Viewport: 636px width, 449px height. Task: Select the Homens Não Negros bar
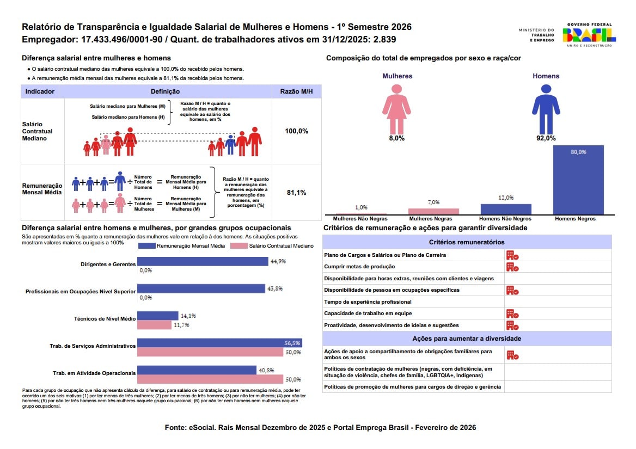coord(506,210)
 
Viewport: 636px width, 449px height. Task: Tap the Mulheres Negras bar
coord(433,211)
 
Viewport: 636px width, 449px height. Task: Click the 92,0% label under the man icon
coord(546,138)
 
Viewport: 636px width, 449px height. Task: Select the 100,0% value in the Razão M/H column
coord(297,131)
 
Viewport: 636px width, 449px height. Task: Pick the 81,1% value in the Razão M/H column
coord(297,192)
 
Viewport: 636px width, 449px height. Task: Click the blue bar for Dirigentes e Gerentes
coord(203,261)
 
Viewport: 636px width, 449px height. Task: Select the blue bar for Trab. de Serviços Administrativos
coord(219,343)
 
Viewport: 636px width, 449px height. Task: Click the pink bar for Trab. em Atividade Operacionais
coord(210,379)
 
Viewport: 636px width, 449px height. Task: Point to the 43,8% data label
coord(275,288)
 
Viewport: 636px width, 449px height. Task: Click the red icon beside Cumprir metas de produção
coord(512,267)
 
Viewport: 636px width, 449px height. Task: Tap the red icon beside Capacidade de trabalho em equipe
coord(512,313)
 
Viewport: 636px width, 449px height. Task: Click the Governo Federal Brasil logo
coord(589,35)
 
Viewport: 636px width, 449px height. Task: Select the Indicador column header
coord(40,91)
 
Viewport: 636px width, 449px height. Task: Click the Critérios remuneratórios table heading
coord(467,242)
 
